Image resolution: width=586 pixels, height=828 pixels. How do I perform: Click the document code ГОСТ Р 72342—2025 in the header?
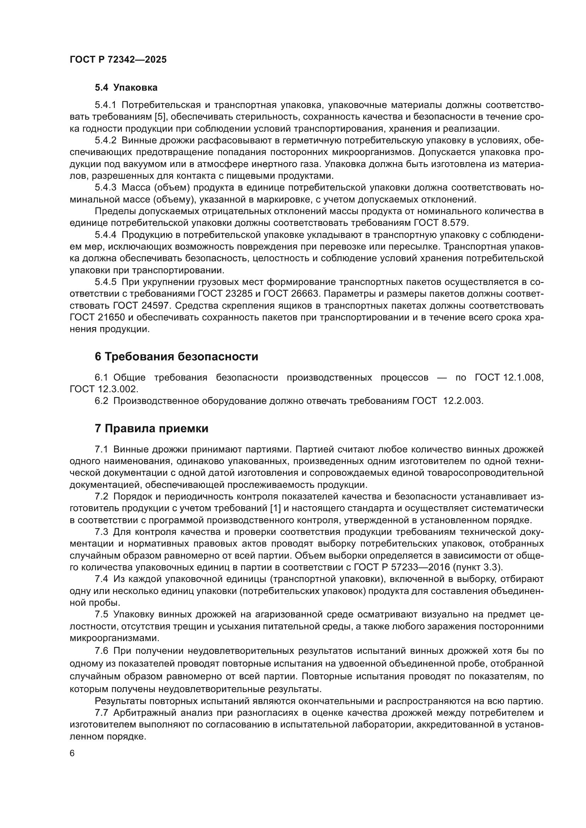click(118, 59)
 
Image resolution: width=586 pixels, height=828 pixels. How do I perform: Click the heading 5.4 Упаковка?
click(126, 88)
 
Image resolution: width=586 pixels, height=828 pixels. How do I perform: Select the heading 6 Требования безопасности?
click(176, 357)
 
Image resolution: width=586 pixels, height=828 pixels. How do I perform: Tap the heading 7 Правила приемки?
click(152, 428)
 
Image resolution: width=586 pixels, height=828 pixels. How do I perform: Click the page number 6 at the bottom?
click(72, 753)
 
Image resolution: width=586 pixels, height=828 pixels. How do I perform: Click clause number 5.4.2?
click(105, 140)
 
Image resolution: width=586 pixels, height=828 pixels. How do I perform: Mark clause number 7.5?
click(101, 615)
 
